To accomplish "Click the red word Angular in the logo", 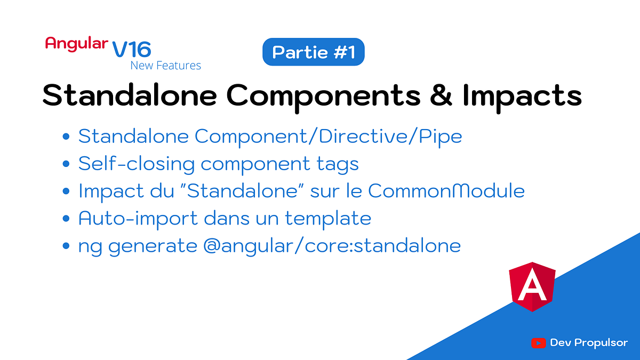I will click(x=76, y=44).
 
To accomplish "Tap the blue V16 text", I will click(x=132, y=50).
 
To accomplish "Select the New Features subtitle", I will click(x=166, y=66).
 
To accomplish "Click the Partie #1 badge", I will click(x=313, y=52).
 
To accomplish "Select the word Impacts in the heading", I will click(x=522, y=96).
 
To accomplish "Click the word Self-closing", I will click(x=137, y=164).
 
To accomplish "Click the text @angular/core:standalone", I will click(x=331, y=246).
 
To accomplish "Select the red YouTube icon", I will click(x=538, y=343).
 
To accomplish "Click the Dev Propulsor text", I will click(x=589, y=343).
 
